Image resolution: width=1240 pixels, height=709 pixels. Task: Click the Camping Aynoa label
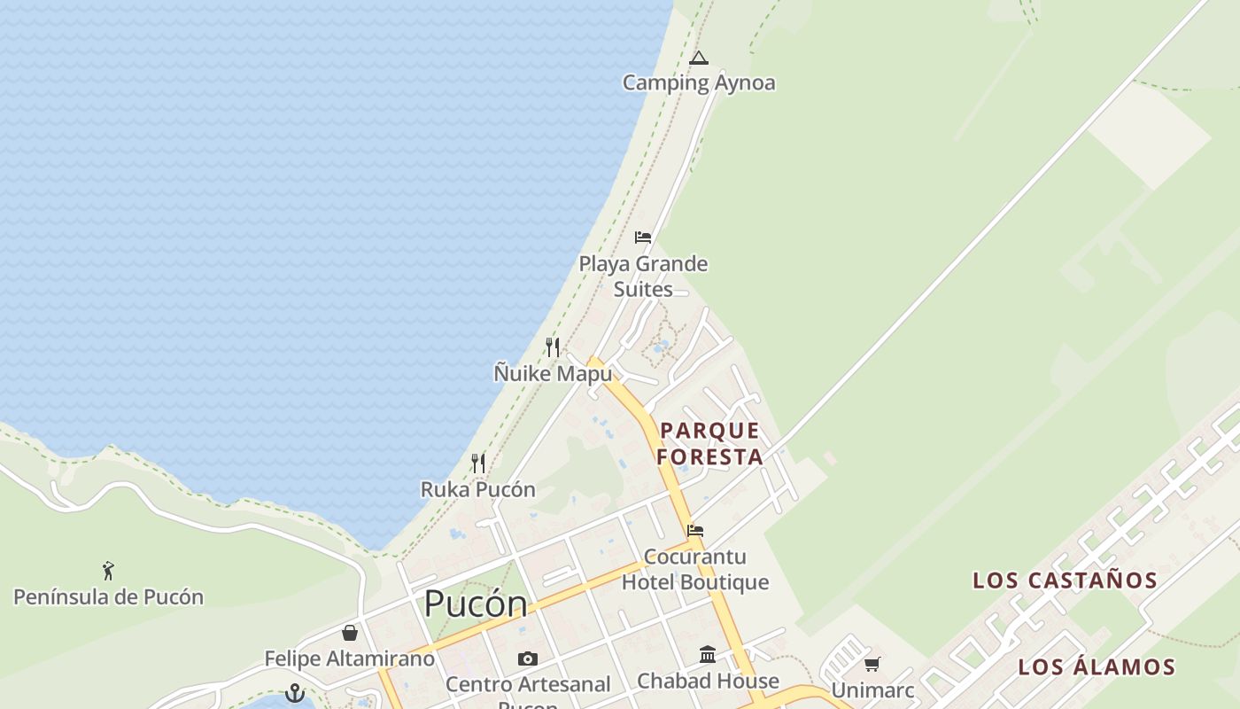699,83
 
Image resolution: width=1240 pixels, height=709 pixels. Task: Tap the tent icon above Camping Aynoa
699,59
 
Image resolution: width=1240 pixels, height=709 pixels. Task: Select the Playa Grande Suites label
643,277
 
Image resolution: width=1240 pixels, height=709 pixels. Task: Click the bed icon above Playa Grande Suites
643,238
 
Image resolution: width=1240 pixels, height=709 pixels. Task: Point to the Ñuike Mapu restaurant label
553,374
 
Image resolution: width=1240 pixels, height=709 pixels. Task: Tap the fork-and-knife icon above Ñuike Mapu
553,347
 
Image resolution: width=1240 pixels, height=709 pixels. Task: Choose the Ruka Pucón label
477,489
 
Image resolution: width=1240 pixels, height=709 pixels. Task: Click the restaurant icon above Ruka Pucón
478,463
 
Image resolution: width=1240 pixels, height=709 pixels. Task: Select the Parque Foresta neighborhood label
710,443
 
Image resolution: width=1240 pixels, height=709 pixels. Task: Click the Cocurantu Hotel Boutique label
695,569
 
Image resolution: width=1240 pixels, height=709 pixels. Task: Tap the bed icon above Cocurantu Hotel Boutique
695,531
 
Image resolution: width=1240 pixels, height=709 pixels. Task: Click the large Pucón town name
476,604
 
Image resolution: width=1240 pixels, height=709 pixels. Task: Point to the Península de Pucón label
108,596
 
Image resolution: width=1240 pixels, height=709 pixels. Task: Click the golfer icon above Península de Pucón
108,570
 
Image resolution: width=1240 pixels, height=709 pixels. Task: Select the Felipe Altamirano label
350,658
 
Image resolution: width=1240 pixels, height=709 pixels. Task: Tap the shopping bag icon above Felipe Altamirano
350,633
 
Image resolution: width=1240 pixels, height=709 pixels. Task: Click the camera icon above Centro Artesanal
528,658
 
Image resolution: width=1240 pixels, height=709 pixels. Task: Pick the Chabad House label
709,681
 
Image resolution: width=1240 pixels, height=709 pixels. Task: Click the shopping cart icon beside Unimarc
872,664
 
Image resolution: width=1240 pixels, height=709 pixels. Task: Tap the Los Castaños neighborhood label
1065,580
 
